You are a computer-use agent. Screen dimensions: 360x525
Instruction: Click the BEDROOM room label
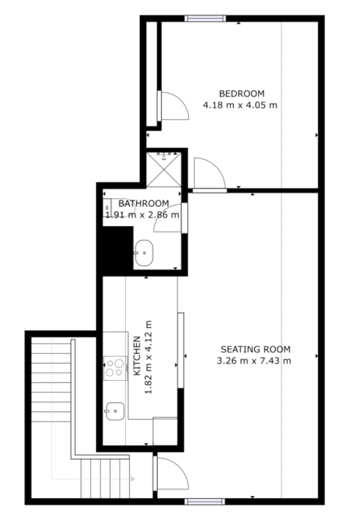[x=242, y=93]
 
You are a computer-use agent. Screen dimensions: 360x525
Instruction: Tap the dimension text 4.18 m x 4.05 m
[x=240, y=105]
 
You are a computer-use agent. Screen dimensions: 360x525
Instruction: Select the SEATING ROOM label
[x=256, y=349]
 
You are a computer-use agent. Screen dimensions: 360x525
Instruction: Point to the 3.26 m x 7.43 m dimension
[x=254, y=361]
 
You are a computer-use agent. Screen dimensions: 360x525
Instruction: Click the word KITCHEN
[x=137, y=355]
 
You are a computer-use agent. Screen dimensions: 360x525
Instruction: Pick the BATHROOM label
[x=144, y=203]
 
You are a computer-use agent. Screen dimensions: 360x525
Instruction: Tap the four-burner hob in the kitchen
[x=115, y=368]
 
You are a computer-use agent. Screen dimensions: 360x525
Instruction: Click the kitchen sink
[x=114, y=411]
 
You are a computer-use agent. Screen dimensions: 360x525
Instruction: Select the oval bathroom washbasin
[x=144, y=253]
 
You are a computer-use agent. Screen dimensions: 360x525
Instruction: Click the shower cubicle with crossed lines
[x=164, y=170]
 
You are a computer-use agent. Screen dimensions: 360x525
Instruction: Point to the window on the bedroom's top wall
[x=205, y=18]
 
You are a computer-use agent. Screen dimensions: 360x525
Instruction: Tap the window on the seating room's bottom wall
[x=204, y=501]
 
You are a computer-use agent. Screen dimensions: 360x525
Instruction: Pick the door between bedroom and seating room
[x=210, y=174]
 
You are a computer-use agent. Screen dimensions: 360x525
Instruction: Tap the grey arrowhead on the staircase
[x=133, y=479]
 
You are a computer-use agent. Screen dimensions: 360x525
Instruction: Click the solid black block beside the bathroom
[x=116, y=250]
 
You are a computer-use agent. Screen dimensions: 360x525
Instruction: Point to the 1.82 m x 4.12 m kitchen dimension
[x=148, y=357]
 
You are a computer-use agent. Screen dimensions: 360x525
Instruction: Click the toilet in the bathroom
[x=110, y=208]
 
